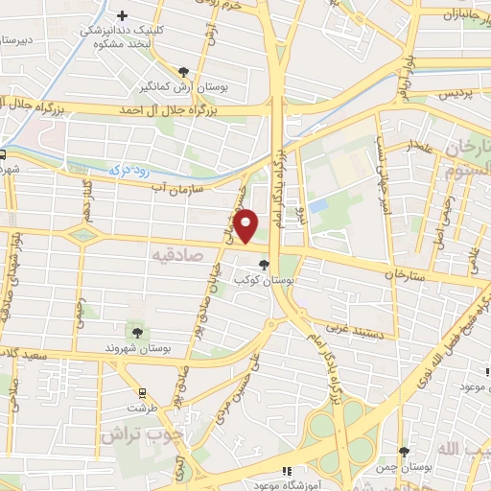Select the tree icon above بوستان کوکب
tap(265, 265)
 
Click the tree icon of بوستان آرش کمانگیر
tap(184, 71)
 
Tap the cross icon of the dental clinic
tap(123, 16)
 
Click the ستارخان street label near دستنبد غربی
tap(403, 275)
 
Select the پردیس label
tap(456, 96)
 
